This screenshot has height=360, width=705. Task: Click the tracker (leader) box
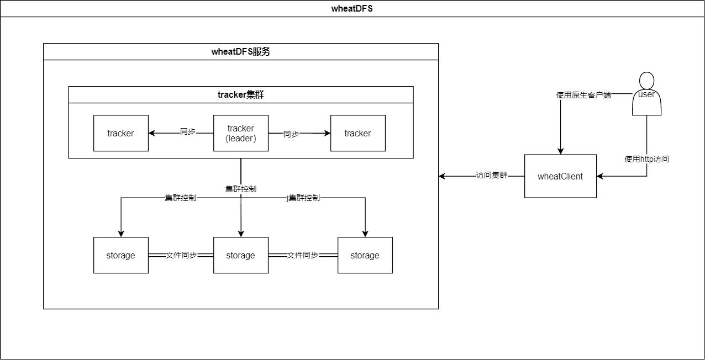241,133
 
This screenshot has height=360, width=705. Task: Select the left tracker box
120,133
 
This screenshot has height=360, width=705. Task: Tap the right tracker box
357,133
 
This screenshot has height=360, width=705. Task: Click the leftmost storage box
120,255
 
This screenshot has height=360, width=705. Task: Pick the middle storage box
241,255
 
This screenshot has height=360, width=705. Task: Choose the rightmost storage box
365,255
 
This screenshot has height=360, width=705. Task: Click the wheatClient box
560,176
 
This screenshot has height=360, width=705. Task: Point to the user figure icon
646,94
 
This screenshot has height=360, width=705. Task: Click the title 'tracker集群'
240,94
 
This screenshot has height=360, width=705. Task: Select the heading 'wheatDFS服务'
240,52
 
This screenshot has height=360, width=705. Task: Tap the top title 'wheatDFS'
352,8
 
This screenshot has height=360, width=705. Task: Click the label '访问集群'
491,176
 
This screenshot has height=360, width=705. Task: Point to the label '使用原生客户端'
583,95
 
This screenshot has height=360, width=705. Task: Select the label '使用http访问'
646,159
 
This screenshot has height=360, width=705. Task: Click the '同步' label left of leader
188,132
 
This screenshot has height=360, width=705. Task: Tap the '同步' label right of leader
291,134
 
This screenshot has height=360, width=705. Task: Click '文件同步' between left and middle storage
181,255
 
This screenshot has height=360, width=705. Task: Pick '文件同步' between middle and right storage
302,255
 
